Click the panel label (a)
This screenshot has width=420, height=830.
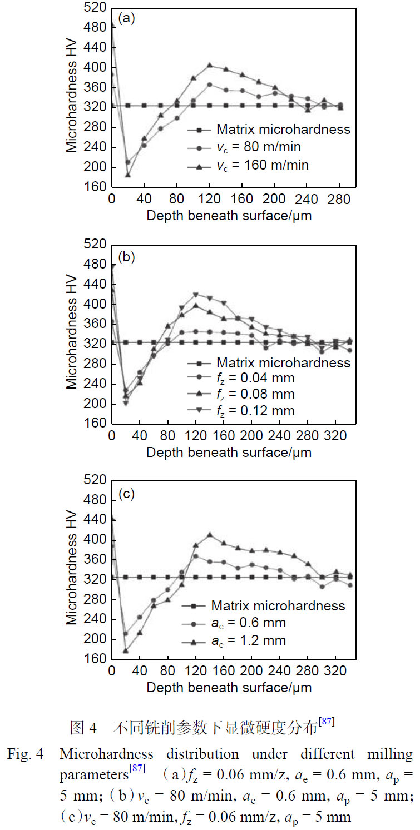point(126,18)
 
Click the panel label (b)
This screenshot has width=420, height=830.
point(126,257)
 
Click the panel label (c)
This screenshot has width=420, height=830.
point(126,494)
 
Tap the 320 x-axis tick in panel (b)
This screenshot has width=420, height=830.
point(335,435)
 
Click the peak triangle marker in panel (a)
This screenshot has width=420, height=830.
point(210,66)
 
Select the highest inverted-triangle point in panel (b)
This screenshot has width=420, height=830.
point(196,295)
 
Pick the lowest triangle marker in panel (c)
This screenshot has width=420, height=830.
point(126,650)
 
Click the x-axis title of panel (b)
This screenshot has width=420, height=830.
point(229,452)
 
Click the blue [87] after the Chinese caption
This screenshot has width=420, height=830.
point(327,722)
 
